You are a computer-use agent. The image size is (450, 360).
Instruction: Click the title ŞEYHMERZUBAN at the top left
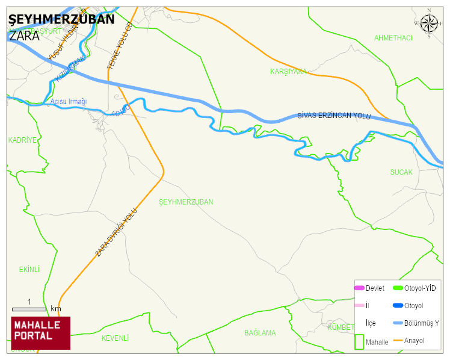pos(61,19)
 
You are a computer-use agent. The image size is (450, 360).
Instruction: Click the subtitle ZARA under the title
pos(24,36)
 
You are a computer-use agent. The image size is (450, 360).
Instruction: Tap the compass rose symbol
pos(429,23)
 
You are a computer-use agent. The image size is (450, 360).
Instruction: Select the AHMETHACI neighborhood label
pos(393,38)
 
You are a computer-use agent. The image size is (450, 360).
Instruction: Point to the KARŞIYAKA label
pos(288,71)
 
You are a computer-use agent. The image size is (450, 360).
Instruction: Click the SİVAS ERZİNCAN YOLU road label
pos(334,116)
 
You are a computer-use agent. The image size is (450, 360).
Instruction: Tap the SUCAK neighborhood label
pos(401,172)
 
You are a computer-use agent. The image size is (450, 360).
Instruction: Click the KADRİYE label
pos(23,140)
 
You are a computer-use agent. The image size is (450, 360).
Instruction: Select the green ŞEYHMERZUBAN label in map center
pos(186,202)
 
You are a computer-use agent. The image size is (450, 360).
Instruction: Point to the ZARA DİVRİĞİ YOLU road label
pos(116,233)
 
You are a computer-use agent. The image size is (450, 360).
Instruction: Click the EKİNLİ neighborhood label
pos(29,270)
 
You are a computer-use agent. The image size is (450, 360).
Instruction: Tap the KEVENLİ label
pos(115,338)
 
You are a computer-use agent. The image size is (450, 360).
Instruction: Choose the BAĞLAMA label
pos(260,333)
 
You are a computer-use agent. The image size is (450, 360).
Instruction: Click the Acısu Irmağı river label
pos(69,102)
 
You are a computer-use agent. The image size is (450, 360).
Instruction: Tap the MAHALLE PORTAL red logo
pos(40,333)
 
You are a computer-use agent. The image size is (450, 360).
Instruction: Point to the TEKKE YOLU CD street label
pos(119,46)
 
